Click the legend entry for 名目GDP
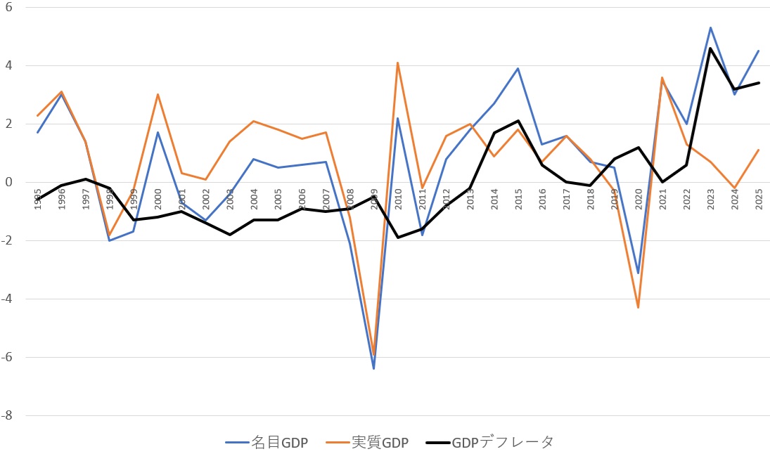coord(267,442)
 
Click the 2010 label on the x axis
coord(398,200)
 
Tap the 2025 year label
coord(759,200)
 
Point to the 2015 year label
coord(518,200)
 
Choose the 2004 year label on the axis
coord(254,200)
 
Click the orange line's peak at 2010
coord(398,63)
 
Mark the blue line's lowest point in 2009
coord(373,368)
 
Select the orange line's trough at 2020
coord(639,307)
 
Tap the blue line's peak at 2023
coord(711,27)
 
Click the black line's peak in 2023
coord(711,48)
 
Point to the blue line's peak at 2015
coord(518,68)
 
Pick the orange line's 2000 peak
coord(158,94)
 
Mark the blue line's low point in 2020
coord(639,273)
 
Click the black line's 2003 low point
coord(230,235)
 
